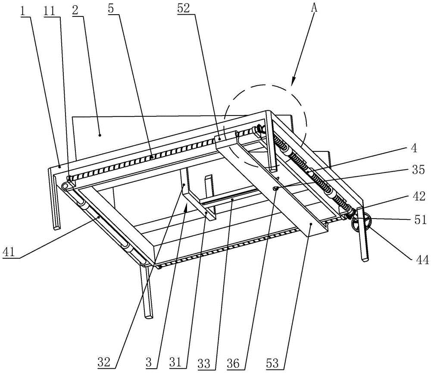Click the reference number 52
point(184,9)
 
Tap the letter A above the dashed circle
point(314,8)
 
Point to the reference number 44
point(422,259)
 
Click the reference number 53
point(272,363)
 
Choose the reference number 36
point(233,363)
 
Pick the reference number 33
point(204,363)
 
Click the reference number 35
point(419,170)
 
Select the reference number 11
point(49,11)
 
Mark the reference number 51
point(421,220)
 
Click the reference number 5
point(111,9)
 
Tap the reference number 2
point(75,10)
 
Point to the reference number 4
point(414,148)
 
